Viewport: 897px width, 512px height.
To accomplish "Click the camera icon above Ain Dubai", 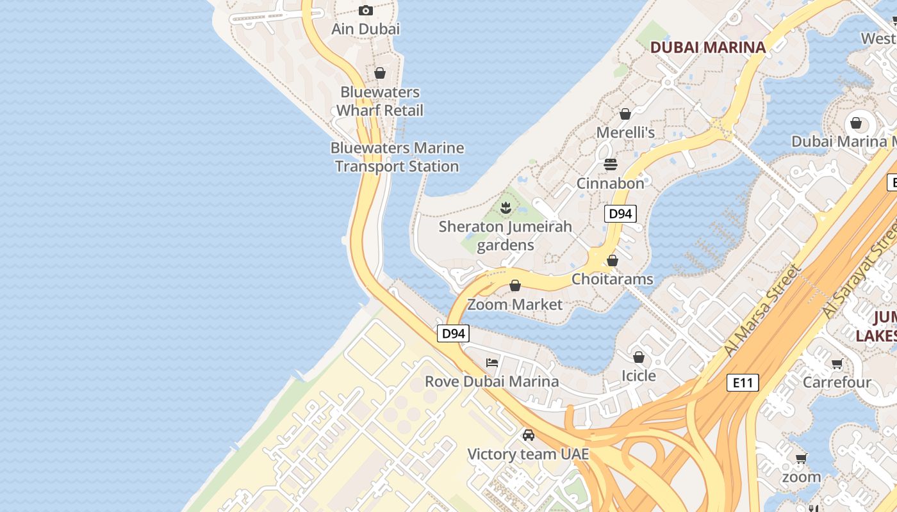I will point(366,10).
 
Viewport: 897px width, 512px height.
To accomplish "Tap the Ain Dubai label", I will point(365,29).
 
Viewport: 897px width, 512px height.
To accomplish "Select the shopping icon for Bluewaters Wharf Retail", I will point(380,73).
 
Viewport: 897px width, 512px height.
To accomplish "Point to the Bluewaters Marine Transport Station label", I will point(397,157).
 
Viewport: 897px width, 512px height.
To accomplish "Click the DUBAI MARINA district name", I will point(708,47).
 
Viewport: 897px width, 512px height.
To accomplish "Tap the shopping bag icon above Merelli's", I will point(625,114).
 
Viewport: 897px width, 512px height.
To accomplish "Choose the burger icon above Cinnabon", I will point(610,164).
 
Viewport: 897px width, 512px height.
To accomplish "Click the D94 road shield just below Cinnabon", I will point(620,214).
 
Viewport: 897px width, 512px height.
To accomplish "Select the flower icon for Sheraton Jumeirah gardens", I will point(506,207).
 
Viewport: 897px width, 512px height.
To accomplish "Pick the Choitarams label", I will point(612,279).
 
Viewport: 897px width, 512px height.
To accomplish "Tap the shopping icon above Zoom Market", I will point(515,285).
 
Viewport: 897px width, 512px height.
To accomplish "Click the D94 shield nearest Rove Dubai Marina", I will point(453,333).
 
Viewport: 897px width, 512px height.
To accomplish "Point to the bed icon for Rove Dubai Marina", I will point(492,363).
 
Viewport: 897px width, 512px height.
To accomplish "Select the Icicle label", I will point(639,376).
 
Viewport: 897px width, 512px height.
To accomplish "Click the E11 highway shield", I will point(743,383).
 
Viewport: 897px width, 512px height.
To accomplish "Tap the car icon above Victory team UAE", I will point(528,435).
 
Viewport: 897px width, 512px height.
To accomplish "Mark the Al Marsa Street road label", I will point(762,311).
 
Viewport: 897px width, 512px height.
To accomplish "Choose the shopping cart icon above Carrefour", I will point(837,364).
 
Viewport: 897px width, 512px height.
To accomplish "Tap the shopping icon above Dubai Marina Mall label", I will point(856,123).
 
